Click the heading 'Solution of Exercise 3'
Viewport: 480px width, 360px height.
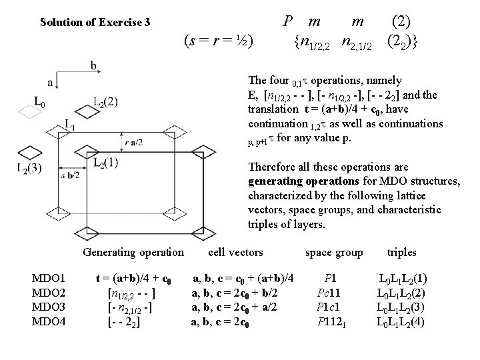pyautogui.click(x=95, y=23)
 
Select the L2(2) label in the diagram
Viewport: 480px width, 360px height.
pyautogui.click(x=105, y=102)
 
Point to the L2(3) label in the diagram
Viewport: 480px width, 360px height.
pyautogui.click(x=29, y=169)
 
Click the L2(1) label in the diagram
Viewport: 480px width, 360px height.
pyautogui.click(x=106, y=162)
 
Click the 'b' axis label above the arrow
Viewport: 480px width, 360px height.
pyautogui.click(x=94, y=65)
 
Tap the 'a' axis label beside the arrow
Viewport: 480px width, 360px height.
pyautogui.click(x=51, y=82)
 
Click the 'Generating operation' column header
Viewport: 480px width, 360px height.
pyautogui.click(x=133, y=252)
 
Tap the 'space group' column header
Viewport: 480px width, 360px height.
pyautogui.click(x=333, y=252)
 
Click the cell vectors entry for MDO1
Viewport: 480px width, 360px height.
pyautogui.click(x=244, y=277)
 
